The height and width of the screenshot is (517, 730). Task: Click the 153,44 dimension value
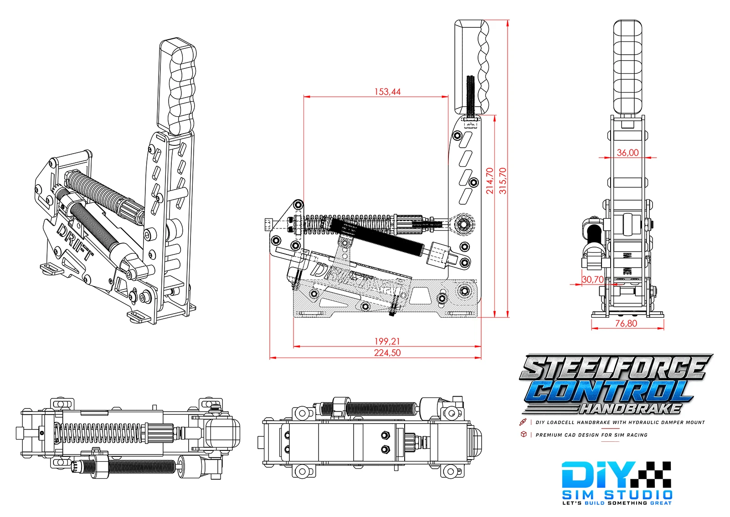click(x=387, y=92)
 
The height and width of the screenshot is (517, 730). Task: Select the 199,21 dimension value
click(x=387, y=341)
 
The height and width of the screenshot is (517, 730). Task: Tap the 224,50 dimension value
click(x=387, y=353)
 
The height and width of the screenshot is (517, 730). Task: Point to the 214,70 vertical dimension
click(x=490, y=181)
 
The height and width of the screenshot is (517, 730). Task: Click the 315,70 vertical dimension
click(x=503, y=181)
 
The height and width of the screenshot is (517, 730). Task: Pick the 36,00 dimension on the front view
click(x=627, y=153)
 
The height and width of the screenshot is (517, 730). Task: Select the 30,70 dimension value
click(x=593, y=279)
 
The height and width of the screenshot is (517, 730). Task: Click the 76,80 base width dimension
click(x=626, y=323)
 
